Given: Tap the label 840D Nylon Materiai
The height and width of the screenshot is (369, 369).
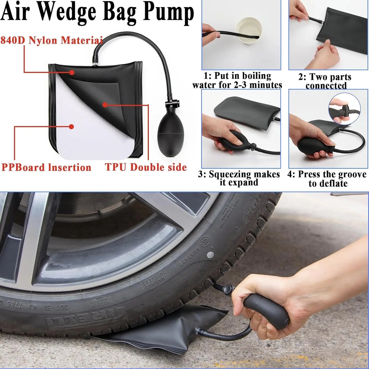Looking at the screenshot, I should click(51, 40).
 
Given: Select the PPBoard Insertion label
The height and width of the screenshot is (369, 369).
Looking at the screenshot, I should click(46, 168).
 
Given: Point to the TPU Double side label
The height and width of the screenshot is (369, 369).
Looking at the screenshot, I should click(146, 167).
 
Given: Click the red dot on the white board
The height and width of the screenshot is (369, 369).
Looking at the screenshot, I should click(72, 126).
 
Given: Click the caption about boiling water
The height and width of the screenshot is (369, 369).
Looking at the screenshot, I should click(237, 80).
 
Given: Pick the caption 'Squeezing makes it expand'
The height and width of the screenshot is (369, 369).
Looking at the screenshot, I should click(239, 178).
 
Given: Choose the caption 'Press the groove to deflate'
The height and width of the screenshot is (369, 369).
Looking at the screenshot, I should click(327, 179).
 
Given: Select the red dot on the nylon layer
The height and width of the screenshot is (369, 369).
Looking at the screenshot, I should click(72, 73).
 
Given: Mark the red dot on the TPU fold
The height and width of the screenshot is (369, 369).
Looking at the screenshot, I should click(104, 105).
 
